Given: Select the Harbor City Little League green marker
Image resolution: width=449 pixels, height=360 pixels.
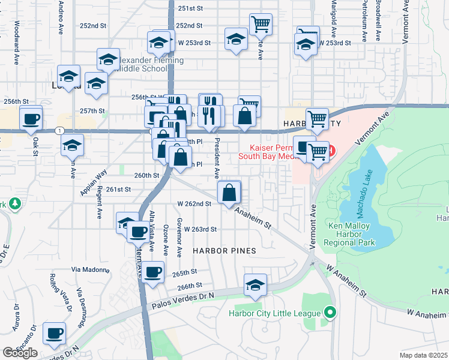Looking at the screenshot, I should pyautogui.click(x=329, y=313).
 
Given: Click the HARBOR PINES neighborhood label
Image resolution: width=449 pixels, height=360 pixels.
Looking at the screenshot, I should pyautogui.click(x=224, y=251).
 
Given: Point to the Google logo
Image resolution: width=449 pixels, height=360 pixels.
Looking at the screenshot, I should pyautogui.click(x=20, y=353).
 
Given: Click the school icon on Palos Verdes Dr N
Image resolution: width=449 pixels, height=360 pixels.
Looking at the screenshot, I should pyautogui.click(x=255, y=286).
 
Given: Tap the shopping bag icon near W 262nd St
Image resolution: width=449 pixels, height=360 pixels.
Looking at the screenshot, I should pyautogui.click(x=229, y=193).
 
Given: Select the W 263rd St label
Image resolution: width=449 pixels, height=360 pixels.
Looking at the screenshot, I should pyautogui.click(x=200, y=229).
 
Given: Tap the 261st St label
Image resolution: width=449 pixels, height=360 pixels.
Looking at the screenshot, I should pyautogui.click(x=118, y=189).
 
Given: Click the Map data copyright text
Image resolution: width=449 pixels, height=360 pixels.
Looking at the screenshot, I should pyautogui.click(x=423, y=355).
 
